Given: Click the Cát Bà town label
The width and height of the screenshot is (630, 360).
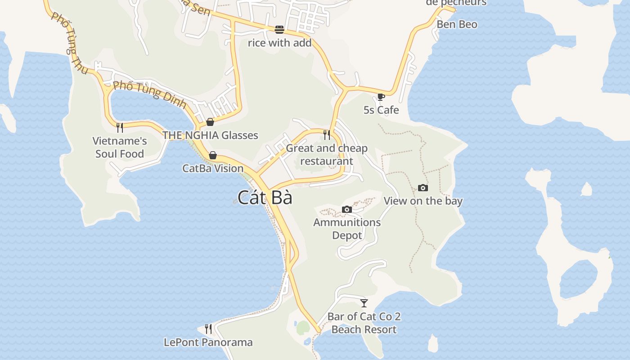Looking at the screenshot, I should click(265, 198).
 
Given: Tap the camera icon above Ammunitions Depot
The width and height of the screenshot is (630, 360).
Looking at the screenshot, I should click(346, 209).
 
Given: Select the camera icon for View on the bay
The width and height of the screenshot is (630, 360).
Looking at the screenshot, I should click(423, 188).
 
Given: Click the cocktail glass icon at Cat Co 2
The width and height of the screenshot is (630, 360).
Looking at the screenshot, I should click(364, 303).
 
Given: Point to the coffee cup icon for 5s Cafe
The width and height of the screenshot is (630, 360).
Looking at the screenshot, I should click(381, 97).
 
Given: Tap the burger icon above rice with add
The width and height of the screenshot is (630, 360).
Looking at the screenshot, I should click(279, 30).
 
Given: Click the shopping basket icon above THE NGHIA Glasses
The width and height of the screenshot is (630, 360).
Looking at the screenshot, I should click(210, 121).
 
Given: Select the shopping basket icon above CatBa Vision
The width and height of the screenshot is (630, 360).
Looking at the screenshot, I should click(213, 155).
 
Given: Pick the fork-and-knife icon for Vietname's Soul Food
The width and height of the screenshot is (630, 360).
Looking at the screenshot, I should click(120, 128).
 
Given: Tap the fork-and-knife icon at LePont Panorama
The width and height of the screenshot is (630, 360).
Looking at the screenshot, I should click(208, 329).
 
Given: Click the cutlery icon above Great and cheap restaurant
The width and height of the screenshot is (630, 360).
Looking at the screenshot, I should click(327, 135).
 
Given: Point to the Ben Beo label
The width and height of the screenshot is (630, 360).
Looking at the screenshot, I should click(457, 24).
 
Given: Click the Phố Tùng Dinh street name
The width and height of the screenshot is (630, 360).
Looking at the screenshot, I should click(149, 94).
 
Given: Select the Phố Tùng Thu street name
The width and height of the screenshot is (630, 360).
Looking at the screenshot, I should click(69, 43).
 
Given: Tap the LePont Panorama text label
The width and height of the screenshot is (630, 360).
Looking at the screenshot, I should click(208, 342).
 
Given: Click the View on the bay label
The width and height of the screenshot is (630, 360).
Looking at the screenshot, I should click(423, 201).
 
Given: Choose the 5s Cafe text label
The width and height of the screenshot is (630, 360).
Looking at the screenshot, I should click(381, 110).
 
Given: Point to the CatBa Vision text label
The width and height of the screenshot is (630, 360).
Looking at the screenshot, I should click(213, 168).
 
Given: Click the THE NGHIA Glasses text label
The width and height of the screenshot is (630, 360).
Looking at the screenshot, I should click(210, 135).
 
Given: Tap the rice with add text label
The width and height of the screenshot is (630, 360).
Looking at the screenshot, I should click(279, 43).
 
